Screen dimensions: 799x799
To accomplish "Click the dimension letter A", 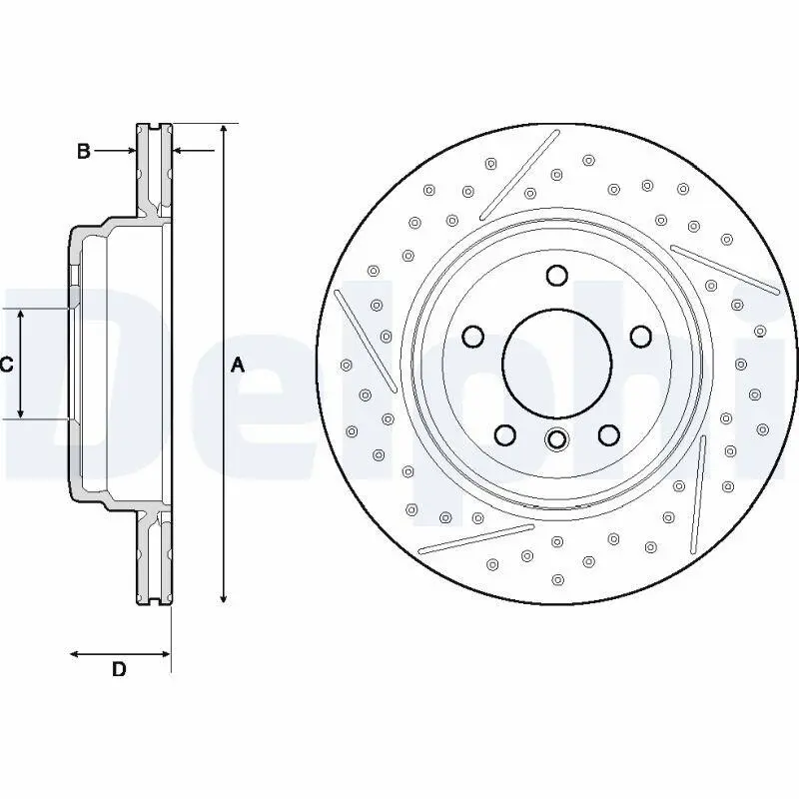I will tap(238, 366).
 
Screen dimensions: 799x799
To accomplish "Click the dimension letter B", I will tap(84, 151).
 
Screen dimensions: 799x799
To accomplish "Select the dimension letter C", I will tap(6, 366).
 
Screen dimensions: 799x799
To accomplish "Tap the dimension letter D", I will tap(118, 669).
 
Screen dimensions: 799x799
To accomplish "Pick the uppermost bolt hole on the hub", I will tap(557, 276).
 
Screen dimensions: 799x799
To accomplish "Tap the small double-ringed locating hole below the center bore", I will tap(557, 438).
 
